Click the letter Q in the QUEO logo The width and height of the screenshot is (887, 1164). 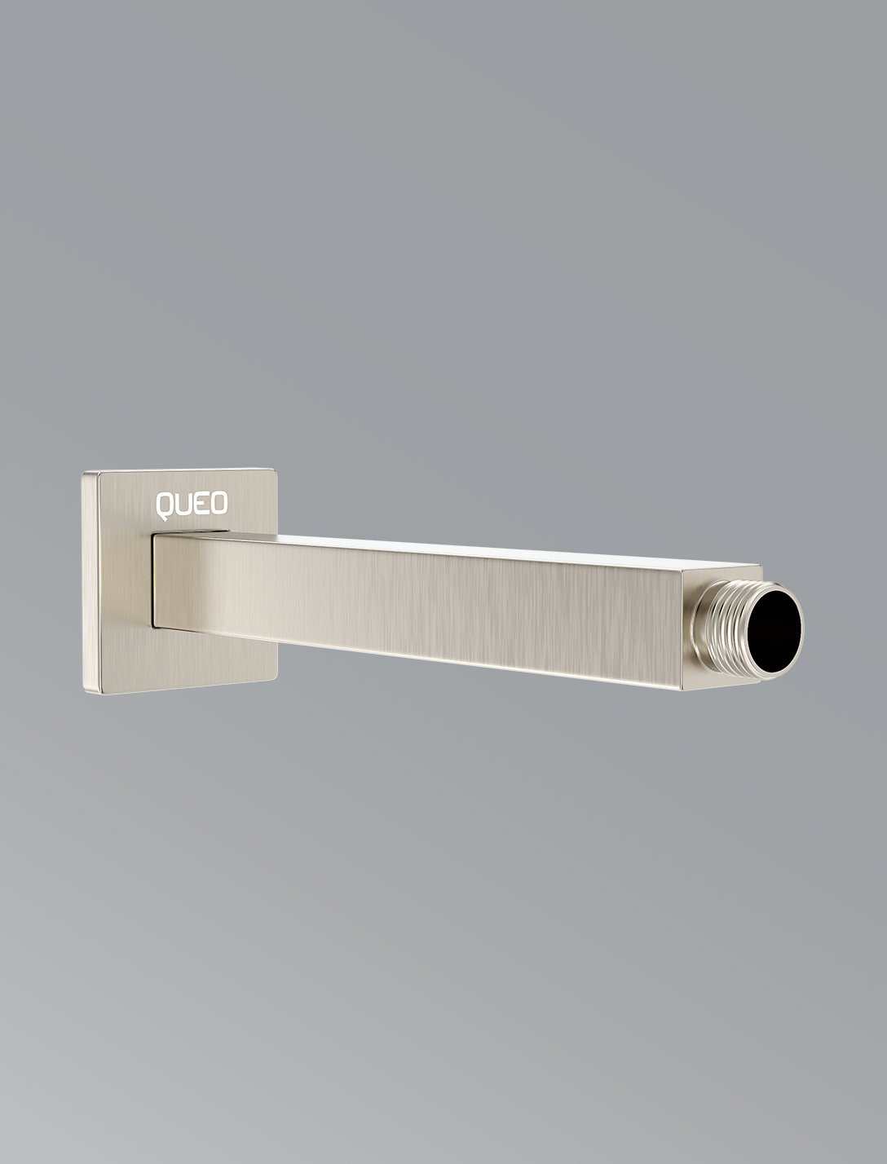point(165,505)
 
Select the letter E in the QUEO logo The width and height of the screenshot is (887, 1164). point(201,504)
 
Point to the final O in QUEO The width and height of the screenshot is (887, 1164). point(218,503)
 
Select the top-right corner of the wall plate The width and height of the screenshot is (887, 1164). point(275,470)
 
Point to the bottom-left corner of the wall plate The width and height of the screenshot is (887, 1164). point(86,692)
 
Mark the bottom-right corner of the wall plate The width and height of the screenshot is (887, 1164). point(276,677)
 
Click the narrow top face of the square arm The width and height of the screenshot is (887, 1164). point(489,548)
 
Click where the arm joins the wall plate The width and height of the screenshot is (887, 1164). point(155,579)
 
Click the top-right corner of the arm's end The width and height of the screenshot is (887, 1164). point(761,566)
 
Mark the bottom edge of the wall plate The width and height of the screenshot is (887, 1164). point(179,686)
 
